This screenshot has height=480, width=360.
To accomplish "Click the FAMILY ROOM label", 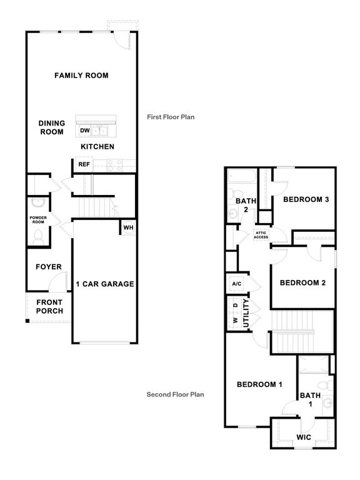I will [x=81, y=76].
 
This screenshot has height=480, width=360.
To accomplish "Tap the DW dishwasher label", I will [x=84, y=131].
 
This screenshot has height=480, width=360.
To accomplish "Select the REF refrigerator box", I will [x=83, y=164].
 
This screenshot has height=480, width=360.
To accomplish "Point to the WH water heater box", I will [x=128, y=227].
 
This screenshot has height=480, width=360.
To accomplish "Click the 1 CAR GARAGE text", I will [x=104, y=284].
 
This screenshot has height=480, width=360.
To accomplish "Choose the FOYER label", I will [x=48, y=267].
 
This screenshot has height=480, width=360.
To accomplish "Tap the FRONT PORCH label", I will [x=49, y=307].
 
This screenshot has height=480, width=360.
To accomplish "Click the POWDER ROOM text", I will [x=38, y=219].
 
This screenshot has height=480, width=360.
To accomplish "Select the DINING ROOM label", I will [x=52, y=127].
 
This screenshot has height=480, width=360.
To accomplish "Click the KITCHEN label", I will [x=97, y=146].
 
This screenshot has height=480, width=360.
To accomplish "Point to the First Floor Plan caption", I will [x=172, y=117].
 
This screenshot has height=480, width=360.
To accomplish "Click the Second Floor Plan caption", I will [x=175, y=394].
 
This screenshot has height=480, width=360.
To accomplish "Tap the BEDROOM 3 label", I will [x=306, y=199].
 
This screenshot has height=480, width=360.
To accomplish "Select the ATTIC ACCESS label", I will [x=261, y=235].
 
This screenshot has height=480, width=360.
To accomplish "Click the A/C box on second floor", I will [x=237, y=283].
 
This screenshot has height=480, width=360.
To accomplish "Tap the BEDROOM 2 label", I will [x=302, y=282].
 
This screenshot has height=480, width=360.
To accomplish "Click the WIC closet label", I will [x=304, y=437].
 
